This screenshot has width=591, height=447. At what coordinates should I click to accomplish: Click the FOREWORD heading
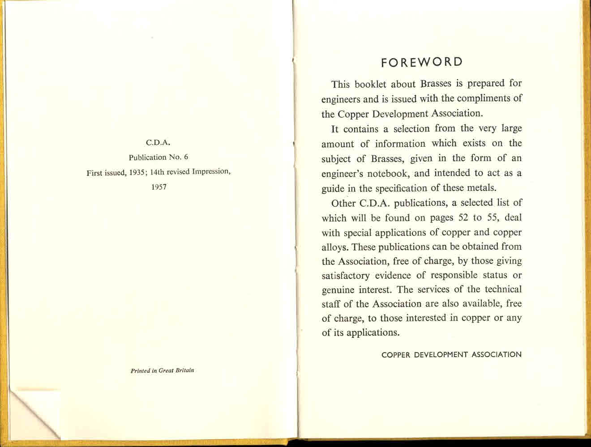coord(421,62)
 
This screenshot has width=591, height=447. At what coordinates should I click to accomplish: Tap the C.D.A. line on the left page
coord(159,143)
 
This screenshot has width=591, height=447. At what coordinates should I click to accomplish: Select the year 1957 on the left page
coord(159,187)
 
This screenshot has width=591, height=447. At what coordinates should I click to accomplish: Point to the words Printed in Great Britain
coord(162,370)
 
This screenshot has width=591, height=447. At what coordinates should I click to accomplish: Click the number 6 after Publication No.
coord(185,157)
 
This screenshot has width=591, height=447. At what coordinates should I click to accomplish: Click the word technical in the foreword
coord(502,289)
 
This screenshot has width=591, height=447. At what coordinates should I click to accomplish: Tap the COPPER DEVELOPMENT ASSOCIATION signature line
coord(451,355)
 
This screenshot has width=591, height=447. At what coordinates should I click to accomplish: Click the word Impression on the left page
coord(211,172)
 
